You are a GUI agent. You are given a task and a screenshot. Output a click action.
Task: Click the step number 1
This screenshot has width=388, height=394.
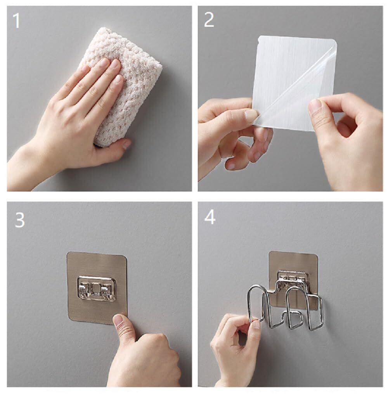[x=16, y=21]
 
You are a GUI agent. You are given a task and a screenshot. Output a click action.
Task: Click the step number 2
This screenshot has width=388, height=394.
[x=209, y=20]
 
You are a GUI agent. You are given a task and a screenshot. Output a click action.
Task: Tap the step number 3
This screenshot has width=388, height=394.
[x=20, y=220]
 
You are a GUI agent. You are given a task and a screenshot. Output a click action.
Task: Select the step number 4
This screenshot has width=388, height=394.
[x=210, y=217]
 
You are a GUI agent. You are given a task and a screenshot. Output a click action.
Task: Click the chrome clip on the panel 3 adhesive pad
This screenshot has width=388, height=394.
[x=97, y=289]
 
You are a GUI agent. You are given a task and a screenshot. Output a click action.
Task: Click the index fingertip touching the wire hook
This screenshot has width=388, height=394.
[x=256, y=325]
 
